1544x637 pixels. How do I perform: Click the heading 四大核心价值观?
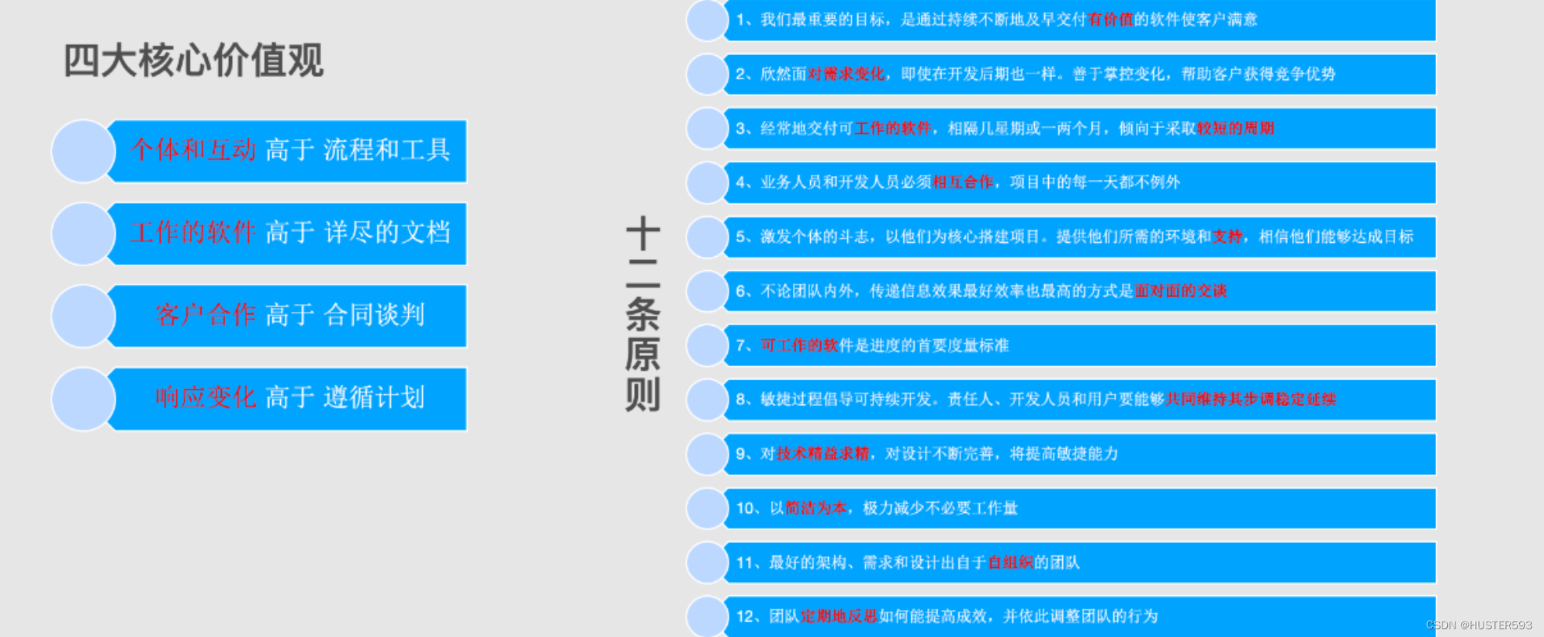pyautogui.click(x=193, y=61)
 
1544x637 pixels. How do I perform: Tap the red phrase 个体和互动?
pyautogui.click(x=193, y=150)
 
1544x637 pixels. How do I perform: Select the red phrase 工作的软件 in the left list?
pyautogui.click(x=193, y=232)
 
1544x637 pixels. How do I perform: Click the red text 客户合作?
pyautogui.click(x=206, y=314)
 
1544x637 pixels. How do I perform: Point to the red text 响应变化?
pyautogui.click(x=206, y=397)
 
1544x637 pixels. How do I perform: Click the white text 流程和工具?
pyautogui.click(x=386, y=150)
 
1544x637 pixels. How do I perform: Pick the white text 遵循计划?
pyautogui.click(x=374, y=397)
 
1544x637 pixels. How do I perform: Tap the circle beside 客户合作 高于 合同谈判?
pyautogui.click(x=83, y=316)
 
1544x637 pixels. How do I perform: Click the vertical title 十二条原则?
pyautogui.click(x=642, y=315)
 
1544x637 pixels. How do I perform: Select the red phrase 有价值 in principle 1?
pyautogui.click(x=1110, y=19)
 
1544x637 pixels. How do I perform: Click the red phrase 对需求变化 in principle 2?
pyautogui.click(x=846, y=74)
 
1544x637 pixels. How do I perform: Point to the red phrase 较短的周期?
pyautogui.click(x=1235, y=128)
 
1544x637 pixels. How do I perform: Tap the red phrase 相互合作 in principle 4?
pyautogui.click(x=962, y=182)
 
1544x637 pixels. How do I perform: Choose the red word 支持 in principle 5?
pyautogui.click(x=1227, y=237)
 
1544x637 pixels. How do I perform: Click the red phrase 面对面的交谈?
pyautogui.click(x=1180, y=291)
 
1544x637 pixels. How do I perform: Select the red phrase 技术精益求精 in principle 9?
pyautogui.click(x=822, y=454)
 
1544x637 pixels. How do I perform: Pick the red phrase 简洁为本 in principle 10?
pyautogui.click(x=815, y=508)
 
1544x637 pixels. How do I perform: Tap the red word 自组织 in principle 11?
pyautogui.click(x=1010, y=563)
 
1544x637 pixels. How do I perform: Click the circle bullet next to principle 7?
pyautogui.click(x=706, y=345)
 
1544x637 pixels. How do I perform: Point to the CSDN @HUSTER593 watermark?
pyautogui.click(x=1478, y=625)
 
